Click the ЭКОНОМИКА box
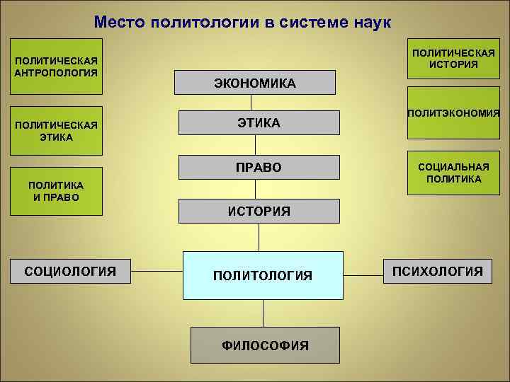pyautogui.click(x=255, y=83)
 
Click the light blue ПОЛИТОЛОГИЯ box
pyautogui.click(x=263, y=275)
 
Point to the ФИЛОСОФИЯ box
pyautogui.click(x=265, y=345)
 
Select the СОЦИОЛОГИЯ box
pyautogui.click(x=70, y=270)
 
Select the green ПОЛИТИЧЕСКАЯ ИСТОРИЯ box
pyautogui.click(x=453, y=59)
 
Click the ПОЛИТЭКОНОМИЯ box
pyautogui.click(x=453, y=113)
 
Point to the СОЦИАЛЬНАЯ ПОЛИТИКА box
pyautogui.click(x=453, y=173)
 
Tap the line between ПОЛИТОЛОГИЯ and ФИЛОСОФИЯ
pyautogui.click(x=263, y=313)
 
